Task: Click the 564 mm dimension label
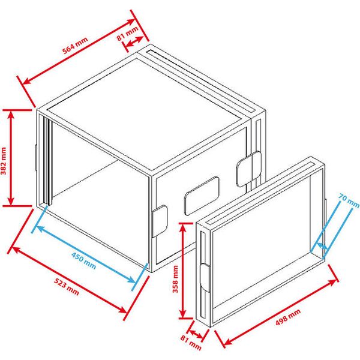74,47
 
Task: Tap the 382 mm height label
4,158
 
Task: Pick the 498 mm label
286,320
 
